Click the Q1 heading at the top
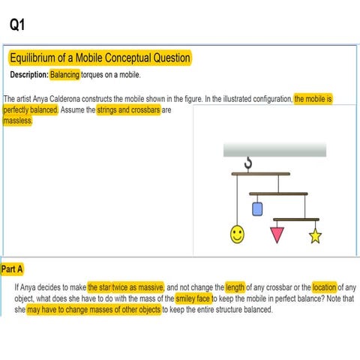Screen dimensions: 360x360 click(18, 25)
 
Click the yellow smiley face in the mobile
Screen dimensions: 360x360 click(237, 235)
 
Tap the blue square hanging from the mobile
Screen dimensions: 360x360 click(257, 209)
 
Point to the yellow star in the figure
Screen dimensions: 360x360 click(315, 237)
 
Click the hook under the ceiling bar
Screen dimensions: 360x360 click(249, 163)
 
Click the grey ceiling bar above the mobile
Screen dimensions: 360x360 click(274, 150)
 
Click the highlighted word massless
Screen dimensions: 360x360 click(18, 121)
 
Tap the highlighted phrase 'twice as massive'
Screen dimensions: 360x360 click(138, 286)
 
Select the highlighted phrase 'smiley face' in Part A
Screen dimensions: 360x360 click(192, 298)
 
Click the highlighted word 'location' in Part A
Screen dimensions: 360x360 click(324, 286)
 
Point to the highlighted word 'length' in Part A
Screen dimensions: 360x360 click(235, 286)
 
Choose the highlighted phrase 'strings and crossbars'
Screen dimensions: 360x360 click(128, 109)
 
